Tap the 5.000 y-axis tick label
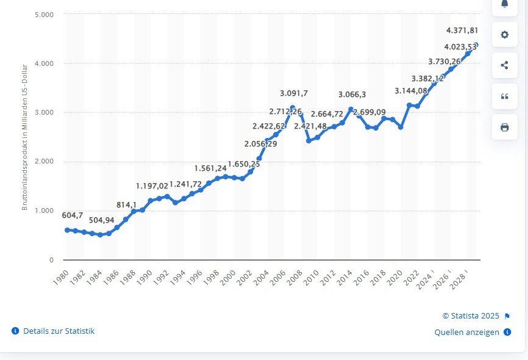click(45, 14)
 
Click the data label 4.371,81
click(462, 31)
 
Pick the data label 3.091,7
click(294, 93)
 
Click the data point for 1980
click(67, 230)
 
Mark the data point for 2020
click(401, 127)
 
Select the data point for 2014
click(351, 109)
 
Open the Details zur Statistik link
click(59, 331)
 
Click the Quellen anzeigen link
click(467, 333)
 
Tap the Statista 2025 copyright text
click(471, 316)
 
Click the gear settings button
click(504, 34)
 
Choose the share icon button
click(504, 65)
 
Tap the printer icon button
click(504, 127)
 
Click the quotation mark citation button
click(504, 96)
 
